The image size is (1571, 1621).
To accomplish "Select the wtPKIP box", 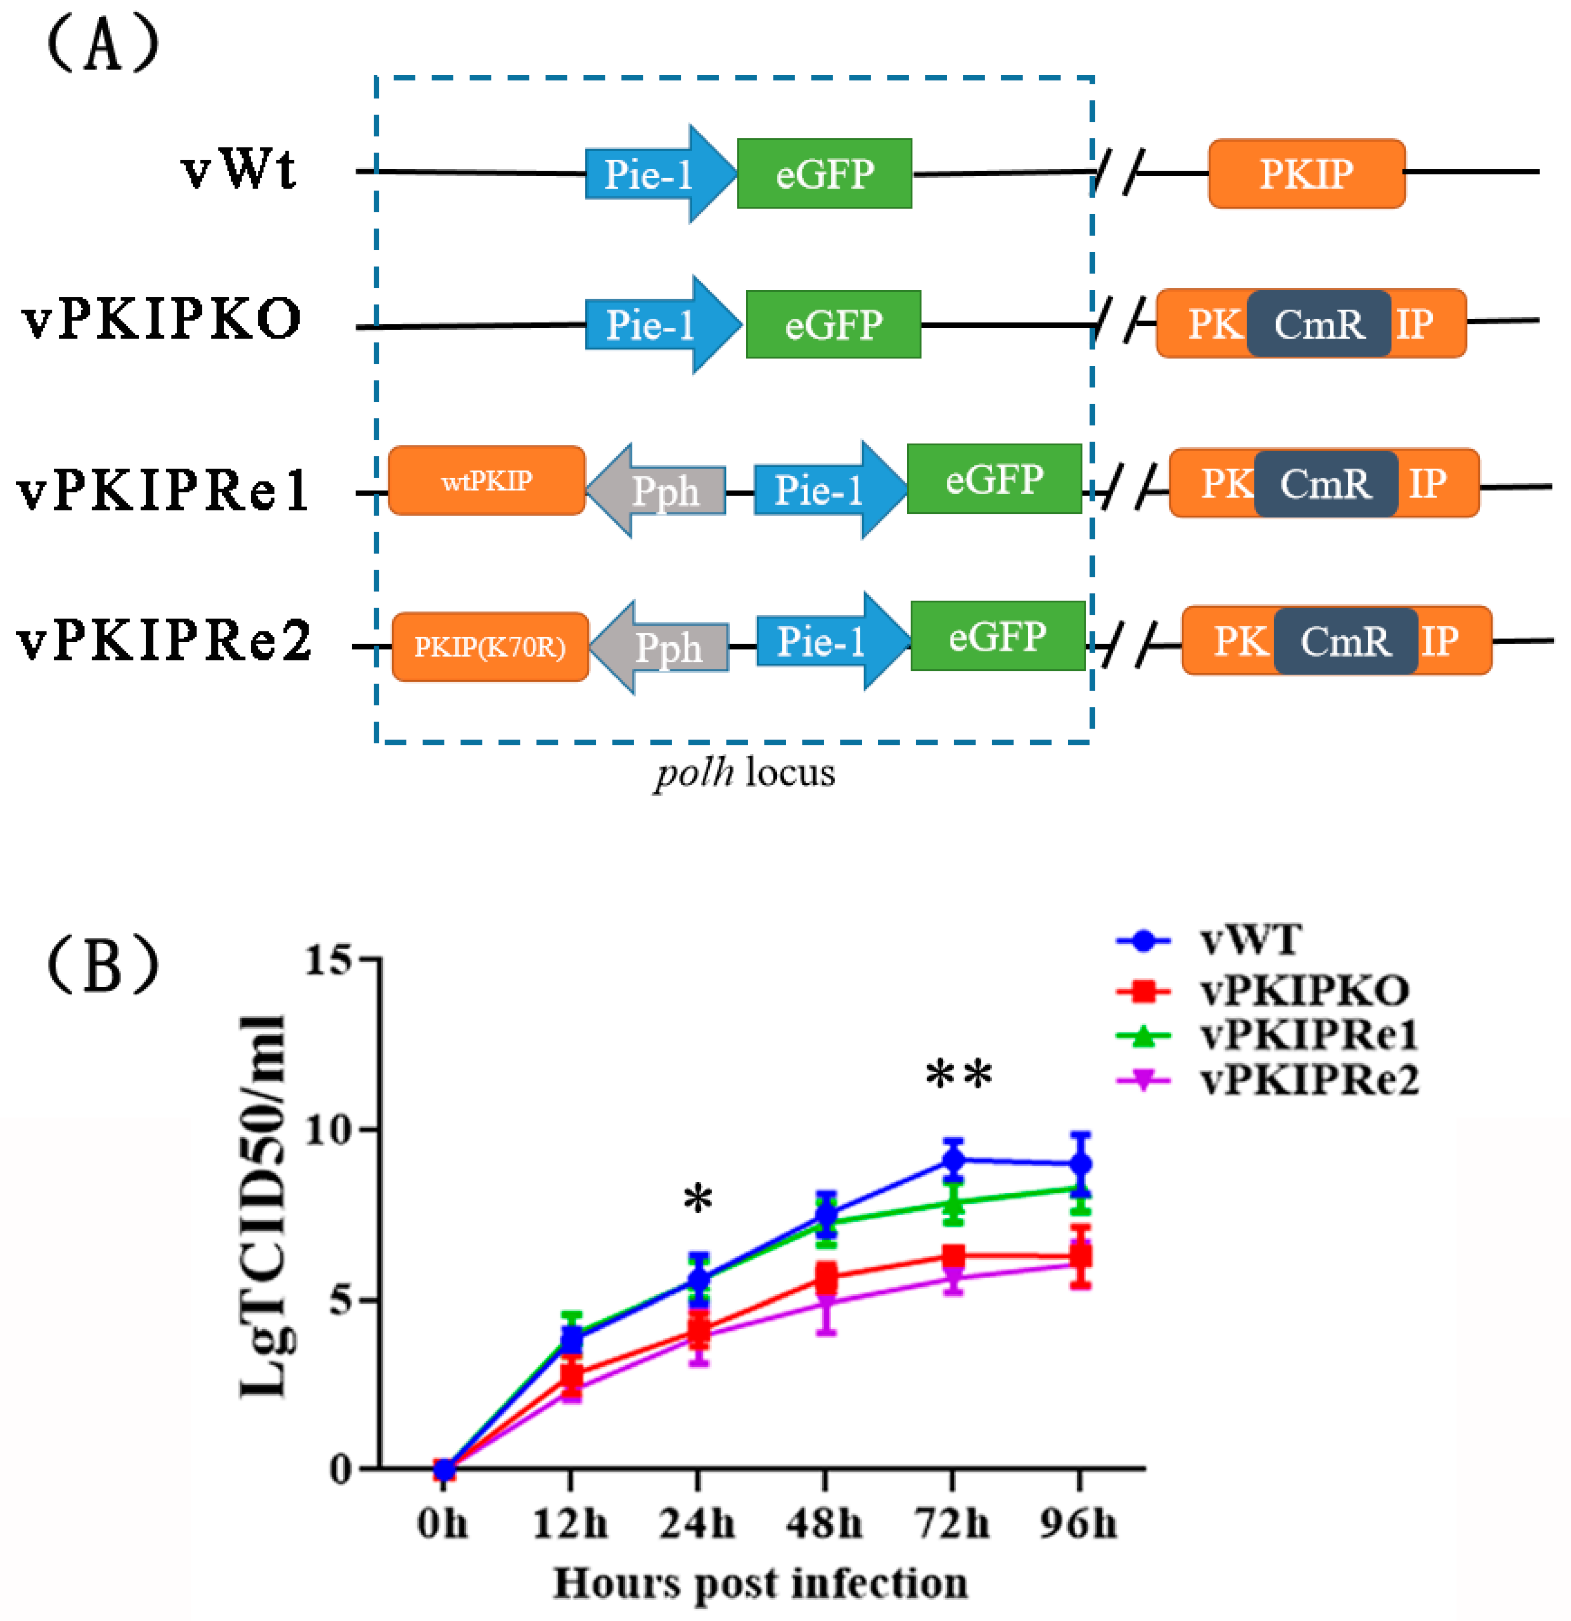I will [486, 480].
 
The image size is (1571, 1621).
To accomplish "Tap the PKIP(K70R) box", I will [490, 647].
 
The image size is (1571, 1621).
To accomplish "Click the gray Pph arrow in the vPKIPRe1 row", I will [658, 491].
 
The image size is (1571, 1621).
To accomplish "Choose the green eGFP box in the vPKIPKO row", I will [833, 324].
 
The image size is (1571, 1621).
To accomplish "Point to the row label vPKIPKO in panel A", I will [161, 319].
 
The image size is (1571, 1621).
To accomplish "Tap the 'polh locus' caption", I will [745, 772].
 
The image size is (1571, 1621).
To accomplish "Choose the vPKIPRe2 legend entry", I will [1308, 1080].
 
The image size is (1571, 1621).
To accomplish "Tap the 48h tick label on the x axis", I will [824, 1523].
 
